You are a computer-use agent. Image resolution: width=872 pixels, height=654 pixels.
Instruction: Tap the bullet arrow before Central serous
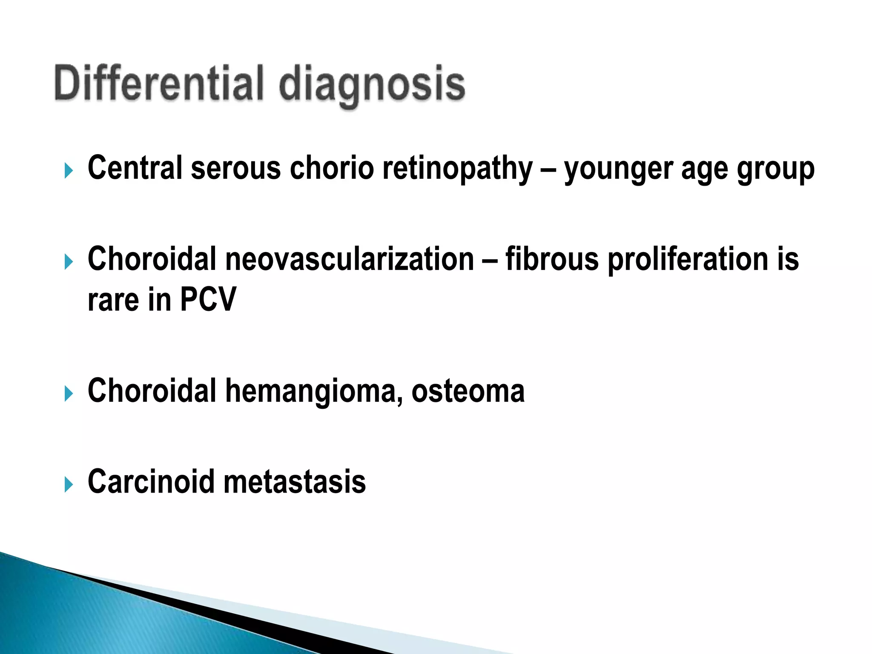69,171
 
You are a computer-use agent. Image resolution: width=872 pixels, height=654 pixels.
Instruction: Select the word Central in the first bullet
135,167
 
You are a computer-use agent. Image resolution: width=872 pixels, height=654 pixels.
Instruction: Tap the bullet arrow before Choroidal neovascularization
69,261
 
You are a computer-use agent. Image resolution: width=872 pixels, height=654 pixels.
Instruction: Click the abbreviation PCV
208,300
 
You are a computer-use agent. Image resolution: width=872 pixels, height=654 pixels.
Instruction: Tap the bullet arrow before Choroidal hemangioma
69,393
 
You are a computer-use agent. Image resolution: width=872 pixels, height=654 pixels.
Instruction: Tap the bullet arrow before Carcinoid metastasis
69,484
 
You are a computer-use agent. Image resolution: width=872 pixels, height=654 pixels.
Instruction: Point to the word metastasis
294,482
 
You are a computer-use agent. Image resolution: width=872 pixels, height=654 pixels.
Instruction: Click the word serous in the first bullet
235,168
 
